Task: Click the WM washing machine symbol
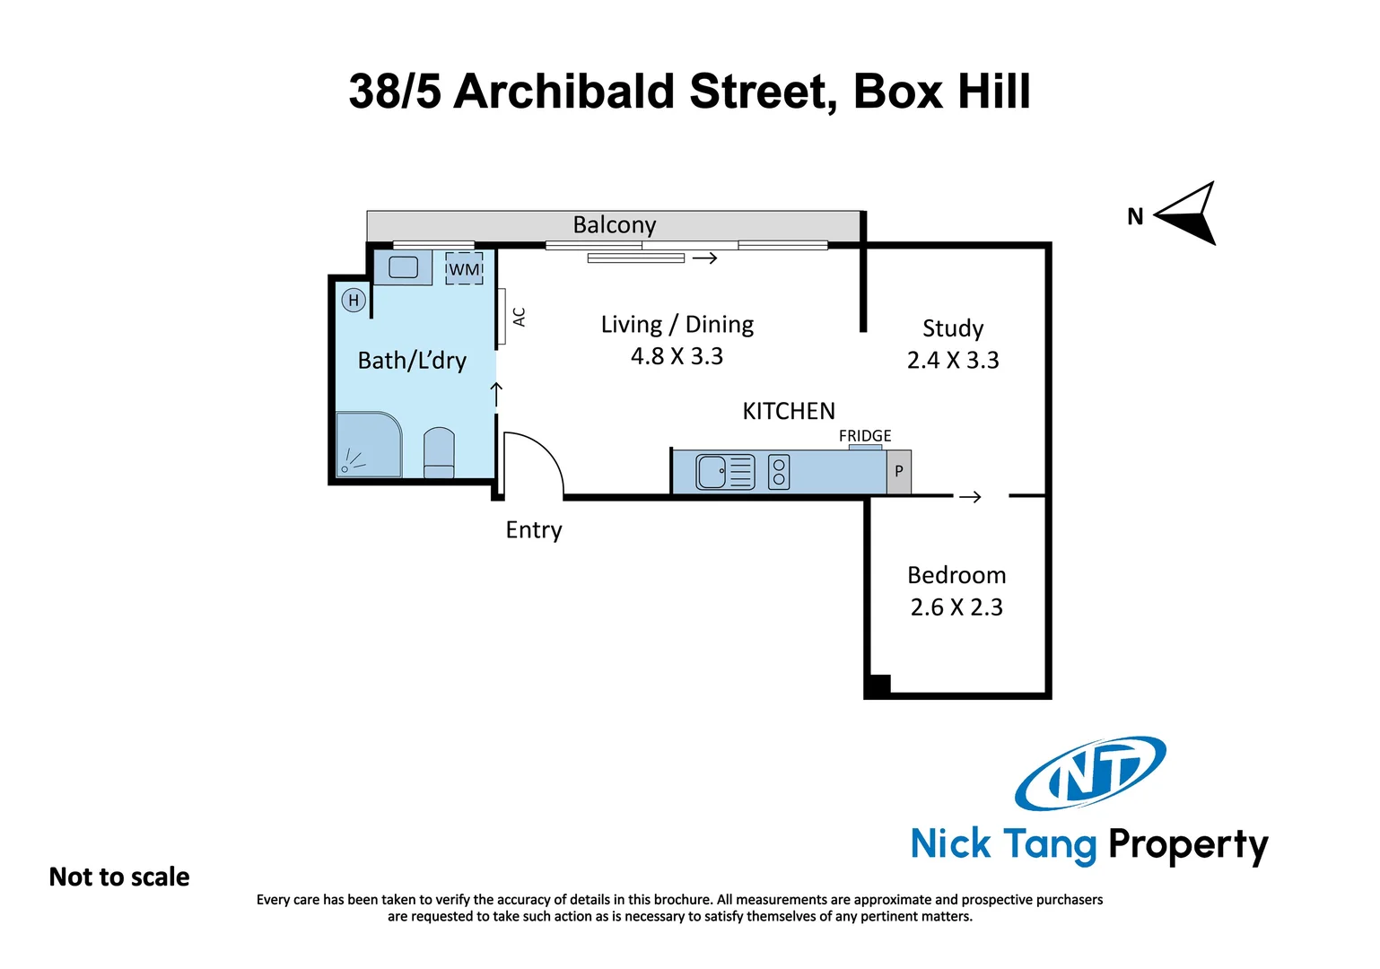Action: [464, 269]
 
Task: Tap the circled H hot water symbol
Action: [354, 301]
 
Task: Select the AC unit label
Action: [519, 317]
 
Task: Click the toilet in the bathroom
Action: [439, 454]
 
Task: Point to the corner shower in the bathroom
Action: [368, 445]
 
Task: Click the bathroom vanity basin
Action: [403, 266]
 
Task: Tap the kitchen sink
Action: [725, 472]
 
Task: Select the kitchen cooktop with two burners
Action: [779, 472]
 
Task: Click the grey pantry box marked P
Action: [899, 472]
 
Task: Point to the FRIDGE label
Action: [865, 436]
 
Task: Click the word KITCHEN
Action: [789, 411]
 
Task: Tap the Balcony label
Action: [615, 224]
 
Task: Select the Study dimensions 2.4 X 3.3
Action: [953, 360]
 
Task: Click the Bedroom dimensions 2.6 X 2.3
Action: [956, 607]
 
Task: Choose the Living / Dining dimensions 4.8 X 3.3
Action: [677, 356]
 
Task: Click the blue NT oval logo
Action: [1090, 773]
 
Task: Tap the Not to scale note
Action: [119, 877]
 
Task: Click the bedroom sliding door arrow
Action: [970, 497]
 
